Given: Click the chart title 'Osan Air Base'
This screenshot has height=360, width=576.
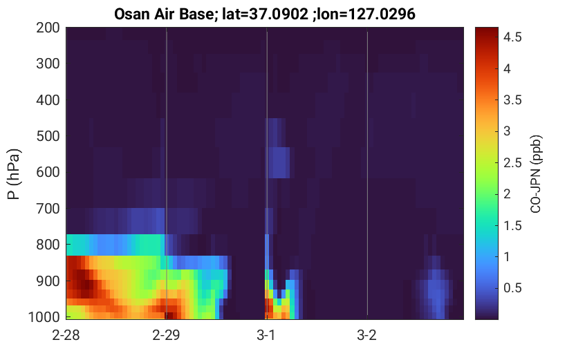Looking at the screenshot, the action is pos(164,15).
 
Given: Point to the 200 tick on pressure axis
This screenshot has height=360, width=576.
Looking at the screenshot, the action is pos(48,28).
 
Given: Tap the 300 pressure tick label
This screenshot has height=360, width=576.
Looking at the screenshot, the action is pos(48,64).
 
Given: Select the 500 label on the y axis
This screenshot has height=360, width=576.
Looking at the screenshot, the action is pos(48,136).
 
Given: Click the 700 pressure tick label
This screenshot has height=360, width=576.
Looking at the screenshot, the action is pos(48,209).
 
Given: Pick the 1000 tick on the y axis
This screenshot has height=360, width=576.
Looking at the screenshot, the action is pos(44,316).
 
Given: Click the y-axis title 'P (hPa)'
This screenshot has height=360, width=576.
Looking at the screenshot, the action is pos(14,174).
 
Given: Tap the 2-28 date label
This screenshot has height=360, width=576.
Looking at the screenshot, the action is pos(66,335).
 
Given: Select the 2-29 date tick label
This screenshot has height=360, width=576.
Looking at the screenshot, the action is pos(166,335).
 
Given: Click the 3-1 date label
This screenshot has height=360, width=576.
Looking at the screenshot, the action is pos(266,335).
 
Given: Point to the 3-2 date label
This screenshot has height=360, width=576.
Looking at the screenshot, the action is pos(366,335).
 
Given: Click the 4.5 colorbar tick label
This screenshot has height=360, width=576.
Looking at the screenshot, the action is pos(512,37).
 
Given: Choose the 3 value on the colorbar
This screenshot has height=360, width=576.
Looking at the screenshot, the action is pos(507,131).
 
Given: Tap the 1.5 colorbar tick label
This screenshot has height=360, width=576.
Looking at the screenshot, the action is pos(512,225).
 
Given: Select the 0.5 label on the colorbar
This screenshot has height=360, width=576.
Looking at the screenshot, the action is pos(512,287).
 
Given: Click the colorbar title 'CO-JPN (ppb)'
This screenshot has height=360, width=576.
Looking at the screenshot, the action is pos(536,174).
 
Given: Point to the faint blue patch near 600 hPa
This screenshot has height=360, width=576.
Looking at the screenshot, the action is pos(279,162).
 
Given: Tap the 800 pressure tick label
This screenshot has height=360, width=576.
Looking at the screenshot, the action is pos(48,245).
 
